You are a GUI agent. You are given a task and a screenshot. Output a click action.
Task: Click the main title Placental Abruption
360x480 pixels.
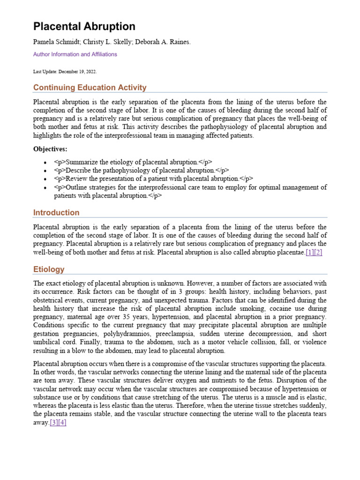84,27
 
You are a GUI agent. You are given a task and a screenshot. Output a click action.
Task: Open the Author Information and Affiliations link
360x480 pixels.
75,54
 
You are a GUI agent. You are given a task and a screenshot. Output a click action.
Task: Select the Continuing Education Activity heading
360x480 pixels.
90,88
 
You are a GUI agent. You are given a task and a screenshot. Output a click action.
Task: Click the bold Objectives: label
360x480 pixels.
50,149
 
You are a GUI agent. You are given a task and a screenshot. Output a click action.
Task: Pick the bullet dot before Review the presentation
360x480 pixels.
45,179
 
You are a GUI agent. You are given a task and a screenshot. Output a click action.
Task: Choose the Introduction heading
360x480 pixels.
56,213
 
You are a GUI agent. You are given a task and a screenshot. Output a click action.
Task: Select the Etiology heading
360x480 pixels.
49,270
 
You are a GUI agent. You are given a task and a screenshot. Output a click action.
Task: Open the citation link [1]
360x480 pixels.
309,253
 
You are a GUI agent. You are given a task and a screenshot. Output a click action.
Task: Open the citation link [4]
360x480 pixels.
62,422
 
